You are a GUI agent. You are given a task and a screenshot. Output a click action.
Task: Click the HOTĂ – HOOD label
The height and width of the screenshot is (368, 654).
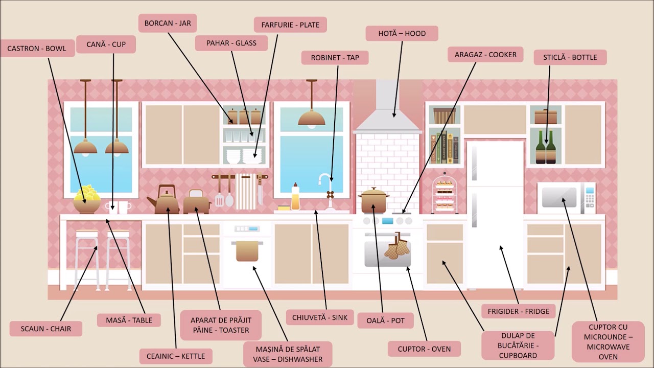[x=402, y=33]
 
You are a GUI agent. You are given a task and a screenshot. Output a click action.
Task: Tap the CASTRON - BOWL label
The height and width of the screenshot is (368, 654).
[x=37, y=48]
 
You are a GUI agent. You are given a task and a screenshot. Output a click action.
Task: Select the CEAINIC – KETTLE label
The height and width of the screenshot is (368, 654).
[x=176, y=356]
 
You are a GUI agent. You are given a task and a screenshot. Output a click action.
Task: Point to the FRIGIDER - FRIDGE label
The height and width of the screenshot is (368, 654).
[x=518, y=311]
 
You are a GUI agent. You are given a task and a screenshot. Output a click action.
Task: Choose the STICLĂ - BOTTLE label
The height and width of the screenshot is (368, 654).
[x=570, y=57]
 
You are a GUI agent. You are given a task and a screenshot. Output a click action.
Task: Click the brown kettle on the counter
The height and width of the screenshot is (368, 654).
[x=164, y=199]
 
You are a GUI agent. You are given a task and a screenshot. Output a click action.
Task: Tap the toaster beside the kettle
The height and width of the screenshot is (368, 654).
[x=197, y=202]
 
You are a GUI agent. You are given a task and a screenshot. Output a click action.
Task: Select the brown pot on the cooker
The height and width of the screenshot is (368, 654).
[x=373, y=200]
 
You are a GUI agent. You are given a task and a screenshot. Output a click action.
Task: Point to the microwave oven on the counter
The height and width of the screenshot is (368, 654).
[x=566, y=198]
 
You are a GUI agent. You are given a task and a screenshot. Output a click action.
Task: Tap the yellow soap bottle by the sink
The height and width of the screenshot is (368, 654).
[x=295, y=197]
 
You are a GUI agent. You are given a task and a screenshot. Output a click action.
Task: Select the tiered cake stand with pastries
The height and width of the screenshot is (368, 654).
[x=445, y=193]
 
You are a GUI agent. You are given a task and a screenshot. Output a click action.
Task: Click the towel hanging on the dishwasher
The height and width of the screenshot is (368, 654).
[x=247, y=251]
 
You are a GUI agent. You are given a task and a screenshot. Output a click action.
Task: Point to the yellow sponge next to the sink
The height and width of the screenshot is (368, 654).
[x=284, y=208]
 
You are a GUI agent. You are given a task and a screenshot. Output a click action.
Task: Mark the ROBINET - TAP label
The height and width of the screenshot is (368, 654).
[x=335, y=58]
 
